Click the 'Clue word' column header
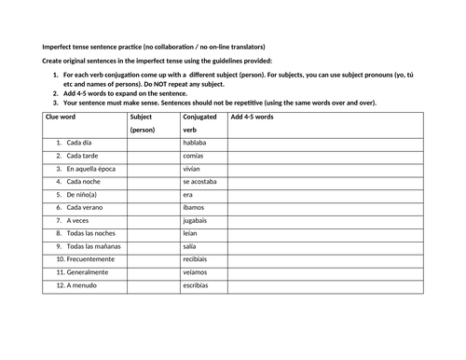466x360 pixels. coord(60,118)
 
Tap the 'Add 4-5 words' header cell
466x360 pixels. coord(252,118)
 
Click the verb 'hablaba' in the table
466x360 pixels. coord(197,144)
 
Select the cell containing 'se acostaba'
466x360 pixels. coord(200,182)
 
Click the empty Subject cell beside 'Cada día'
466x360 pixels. coord(152,144)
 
